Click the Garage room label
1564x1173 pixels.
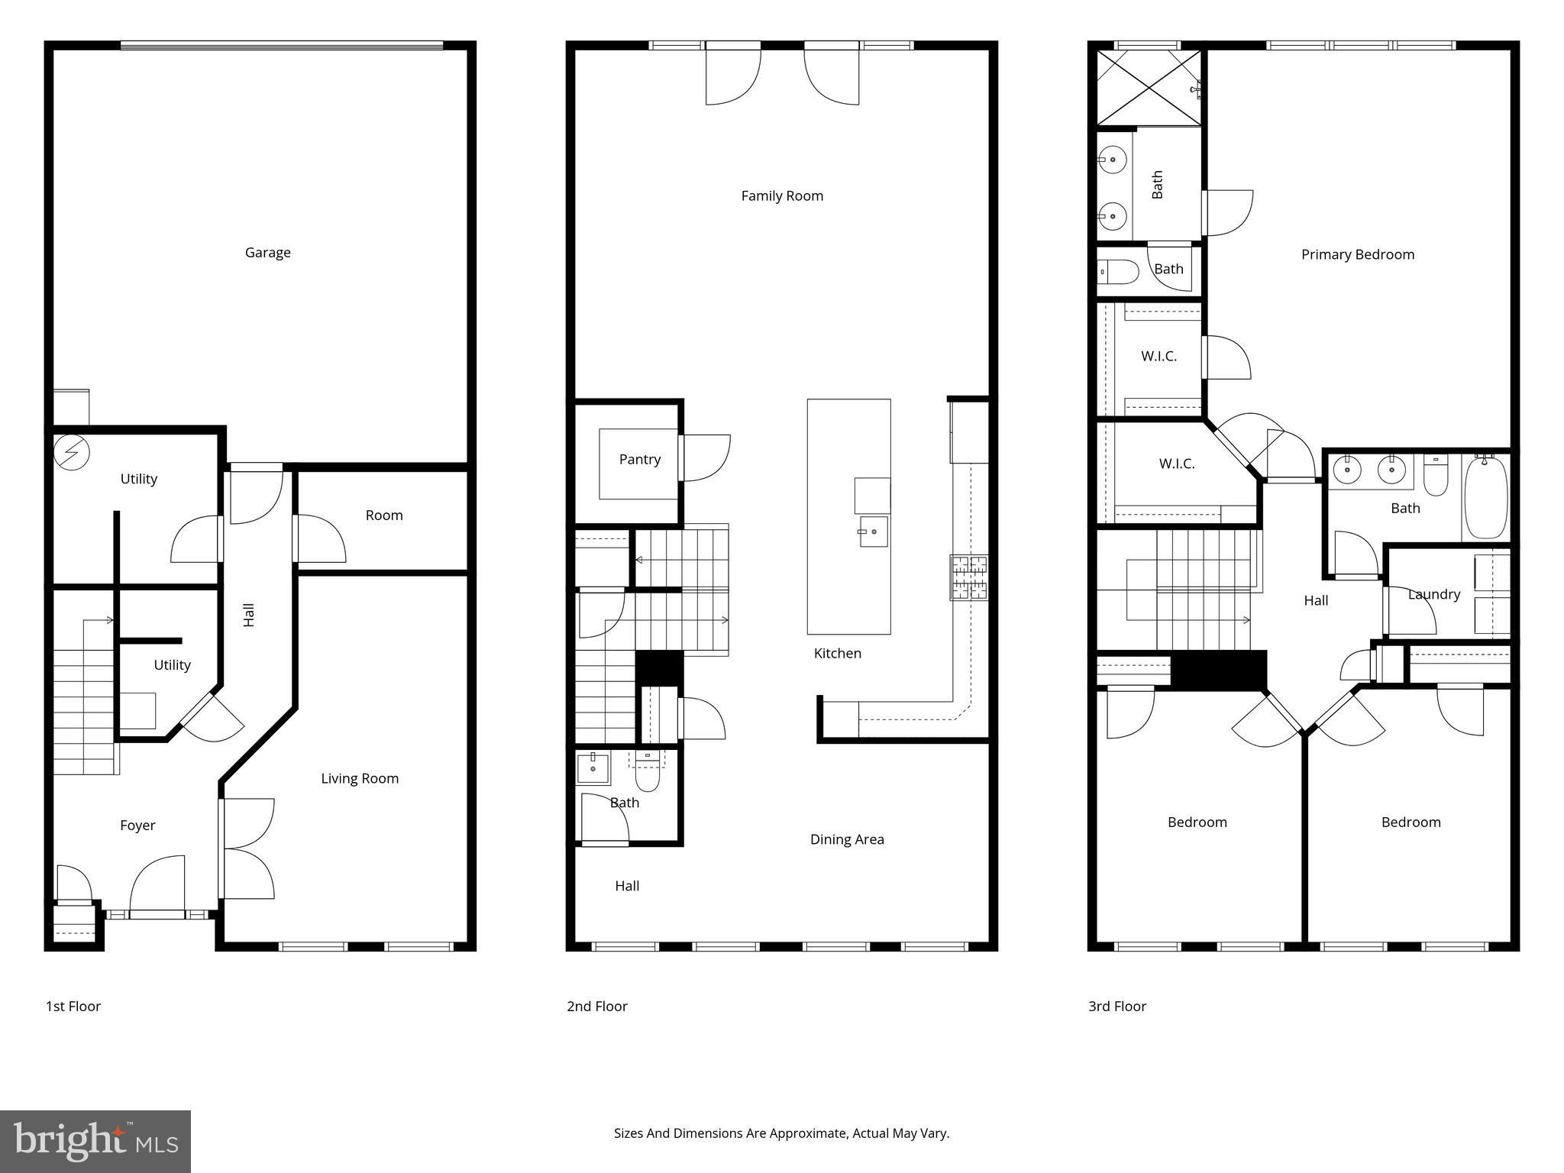click(267, 252)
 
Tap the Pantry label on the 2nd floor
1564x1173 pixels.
click(639, 459)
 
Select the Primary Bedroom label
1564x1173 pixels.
click(1357, 254)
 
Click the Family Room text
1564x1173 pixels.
click(782, 195)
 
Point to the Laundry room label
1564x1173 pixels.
click(1433, 594)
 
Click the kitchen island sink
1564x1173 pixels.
click(873, 531)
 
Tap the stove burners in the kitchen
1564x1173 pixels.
click(968, 577)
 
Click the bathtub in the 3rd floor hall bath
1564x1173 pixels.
click(1485, 497)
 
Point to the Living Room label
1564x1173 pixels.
click(360, 778)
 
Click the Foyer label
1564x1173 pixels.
click(137, 825)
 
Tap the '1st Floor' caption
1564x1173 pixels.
click(73, 1006)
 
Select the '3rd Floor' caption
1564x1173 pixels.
click(1116, 1006)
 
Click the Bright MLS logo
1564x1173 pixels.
click(95, 1141)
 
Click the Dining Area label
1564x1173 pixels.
click(847, 839)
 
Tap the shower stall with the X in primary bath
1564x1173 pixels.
click(1148, 86)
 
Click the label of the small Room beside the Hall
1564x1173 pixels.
click(383, 515)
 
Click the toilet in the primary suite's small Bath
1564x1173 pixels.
click(1117, 271)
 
